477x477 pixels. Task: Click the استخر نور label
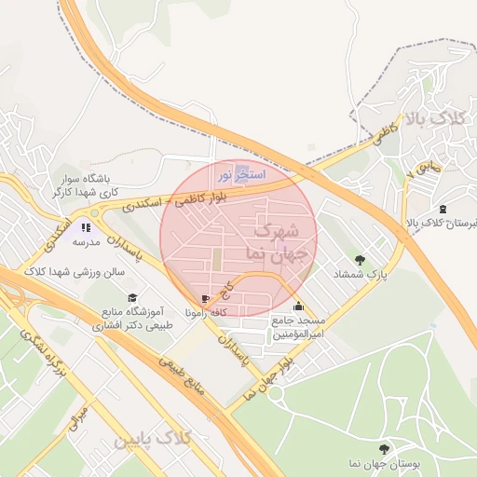(241, 174)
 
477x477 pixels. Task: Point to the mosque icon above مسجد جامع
(298, 306)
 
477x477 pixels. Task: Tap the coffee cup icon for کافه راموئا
(205, 299)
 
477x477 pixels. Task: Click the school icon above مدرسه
(86, 226)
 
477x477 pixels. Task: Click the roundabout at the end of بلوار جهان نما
(277, 392)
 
